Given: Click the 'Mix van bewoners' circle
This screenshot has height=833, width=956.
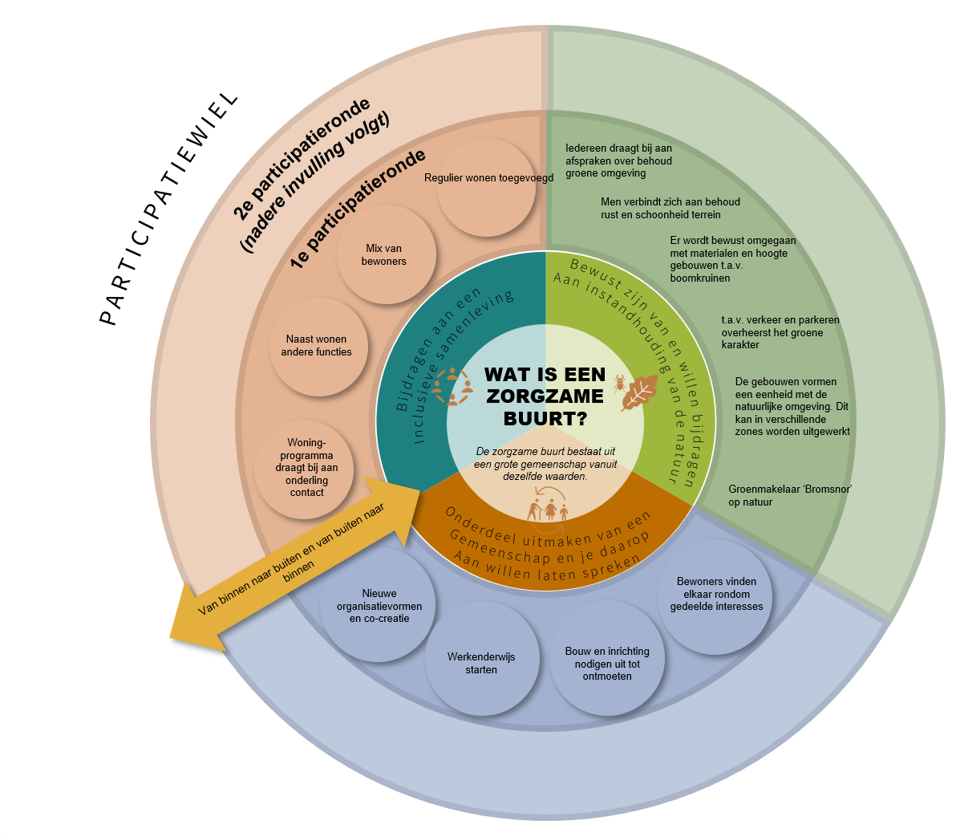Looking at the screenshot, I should click(x=386, y=254).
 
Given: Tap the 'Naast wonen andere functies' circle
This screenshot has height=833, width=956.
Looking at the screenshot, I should click(x=318, y=346).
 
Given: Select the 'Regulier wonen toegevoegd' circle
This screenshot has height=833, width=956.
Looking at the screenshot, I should click(x=488, y=186).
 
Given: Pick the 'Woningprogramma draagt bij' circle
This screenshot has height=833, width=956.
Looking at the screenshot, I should click(x=306, y=468).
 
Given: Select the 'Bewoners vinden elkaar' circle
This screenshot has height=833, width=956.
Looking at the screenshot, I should click(x=716, y=595).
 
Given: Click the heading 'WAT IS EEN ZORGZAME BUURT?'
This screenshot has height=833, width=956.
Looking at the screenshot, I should click(x=545, y=396).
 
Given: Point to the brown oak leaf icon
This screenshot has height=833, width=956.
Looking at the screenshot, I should click(x=639, y=393).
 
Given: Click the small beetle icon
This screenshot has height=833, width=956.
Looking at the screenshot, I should click(x=620, y=382).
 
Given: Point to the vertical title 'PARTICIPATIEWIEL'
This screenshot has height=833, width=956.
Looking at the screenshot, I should click(x=169, y=208).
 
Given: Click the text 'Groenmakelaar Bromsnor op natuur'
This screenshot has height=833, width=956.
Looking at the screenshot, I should click(x=789, y=495).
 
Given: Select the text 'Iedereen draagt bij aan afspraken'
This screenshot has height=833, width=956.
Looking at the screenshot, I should click(x=618, y=161).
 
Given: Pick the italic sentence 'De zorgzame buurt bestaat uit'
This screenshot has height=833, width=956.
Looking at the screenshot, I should click(x=545, y=464).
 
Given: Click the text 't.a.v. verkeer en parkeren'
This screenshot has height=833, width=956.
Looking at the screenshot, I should click(x=780, y=332).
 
